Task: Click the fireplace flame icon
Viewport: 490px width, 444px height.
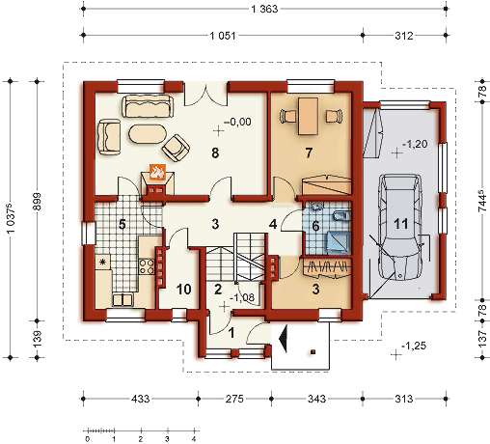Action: pyautogui.click(x=157, y=172)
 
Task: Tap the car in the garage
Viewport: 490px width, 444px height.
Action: pyautogui.click(x=399, y=228)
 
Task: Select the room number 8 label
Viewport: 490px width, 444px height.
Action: pyautogui.click(x=215, y=153)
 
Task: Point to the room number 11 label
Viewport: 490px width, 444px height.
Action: pyautogui.click(x=400, y=223)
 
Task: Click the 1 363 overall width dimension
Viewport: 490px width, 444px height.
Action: pyautogui.click(x=264, y=9)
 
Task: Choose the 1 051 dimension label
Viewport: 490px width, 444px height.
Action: pyautogui.click(x=223, y=36)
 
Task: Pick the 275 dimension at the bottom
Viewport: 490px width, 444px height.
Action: pyautogui.click(x=234, y=399)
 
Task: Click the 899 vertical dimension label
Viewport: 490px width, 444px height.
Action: pyautogui.click(x=38, y=201)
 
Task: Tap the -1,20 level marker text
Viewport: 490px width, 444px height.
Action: pyautogui.click(x=416, y=144)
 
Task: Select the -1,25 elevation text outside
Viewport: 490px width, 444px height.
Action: pyautogui.click(x=414, y=346)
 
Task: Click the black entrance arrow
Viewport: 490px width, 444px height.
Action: pyautogui.click(x=284, y=339)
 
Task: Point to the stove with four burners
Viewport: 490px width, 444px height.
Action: pyautogui.click(x=147, y=266)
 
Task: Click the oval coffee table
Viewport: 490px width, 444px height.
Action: pyautogui.click(x=148, y=134)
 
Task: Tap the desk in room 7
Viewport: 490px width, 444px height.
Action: pyautogui.click(x=308, y=116)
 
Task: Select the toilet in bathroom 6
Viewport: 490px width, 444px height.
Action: pyautogui.click(x=341, y=216)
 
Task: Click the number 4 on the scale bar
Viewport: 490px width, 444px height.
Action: pyautogui.click(x=194, y=439)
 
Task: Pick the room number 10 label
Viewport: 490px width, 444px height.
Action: pyautogui.click(x=184, y=290)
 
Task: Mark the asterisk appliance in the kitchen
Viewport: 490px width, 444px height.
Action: pyautogui.click(x=103, y=263)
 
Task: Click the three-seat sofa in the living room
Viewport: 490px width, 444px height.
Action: pyautogui.click(x=148, y=106)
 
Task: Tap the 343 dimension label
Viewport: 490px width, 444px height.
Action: pyautogui.click(x=316, y=399)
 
